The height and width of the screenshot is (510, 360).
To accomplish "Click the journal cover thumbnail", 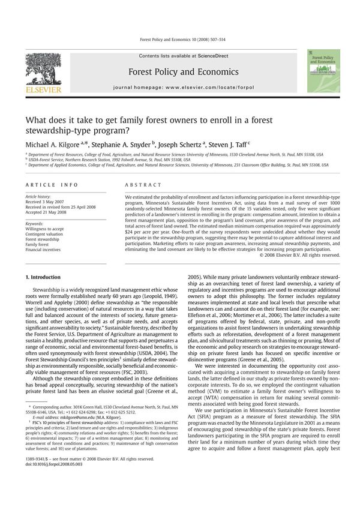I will point(323,71).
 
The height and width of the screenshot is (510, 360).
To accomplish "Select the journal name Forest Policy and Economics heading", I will point(179,72).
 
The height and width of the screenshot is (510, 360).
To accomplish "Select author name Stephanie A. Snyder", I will point(120,146).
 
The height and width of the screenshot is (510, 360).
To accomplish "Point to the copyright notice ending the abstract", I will point(299,255).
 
